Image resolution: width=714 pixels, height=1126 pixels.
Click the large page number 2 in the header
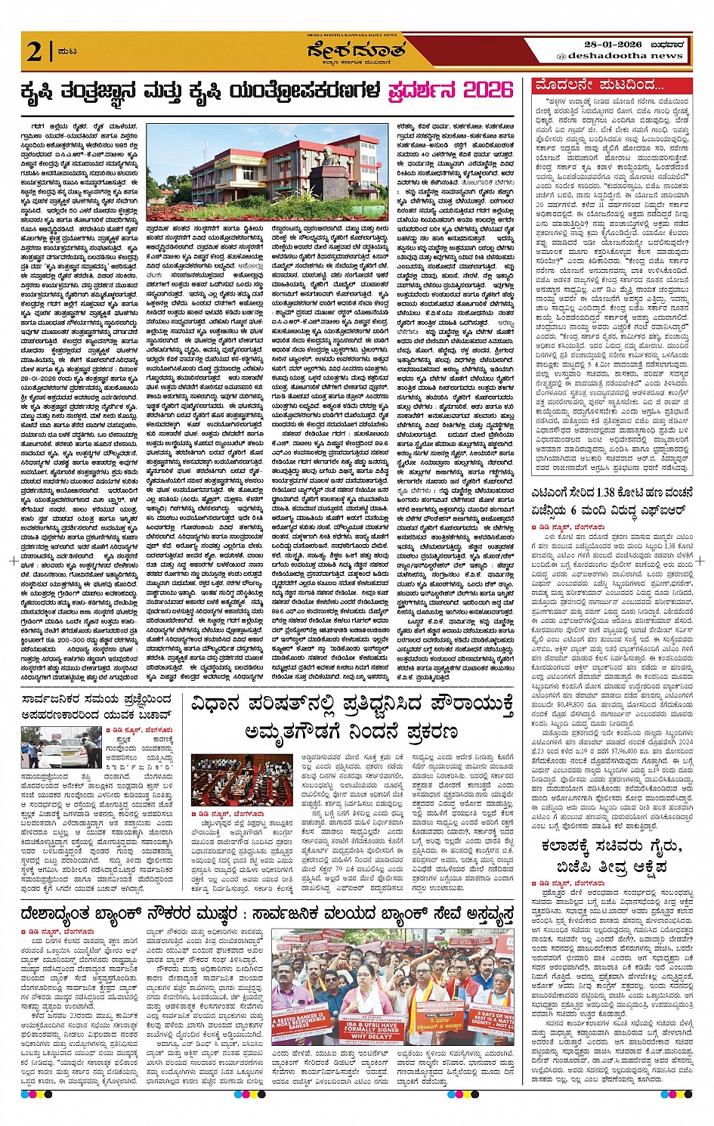point(34,51)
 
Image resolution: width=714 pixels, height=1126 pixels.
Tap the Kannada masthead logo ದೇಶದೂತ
point(357,52)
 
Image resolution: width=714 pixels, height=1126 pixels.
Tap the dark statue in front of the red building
point(315,171)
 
